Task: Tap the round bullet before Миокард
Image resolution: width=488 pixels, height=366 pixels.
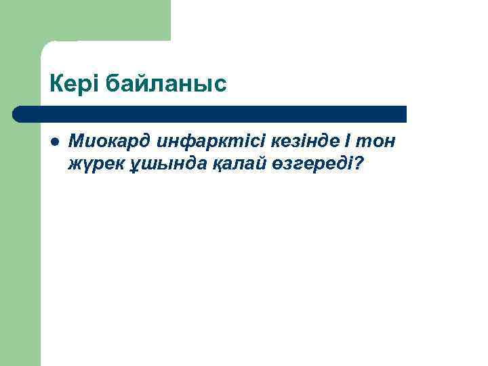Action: pyautogui.click(x=55, y=141)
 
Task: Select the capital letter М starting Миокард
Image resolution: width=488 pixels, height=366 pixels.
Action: pyautogui.click(x=77, y=142)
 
